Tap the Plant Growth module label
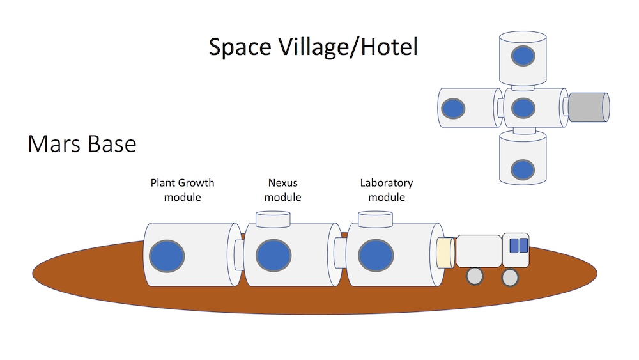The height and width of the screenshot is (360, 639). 182,190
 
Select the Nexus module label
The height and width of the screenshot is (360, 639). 282,190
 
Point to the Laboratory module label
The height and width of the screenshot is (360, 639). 387,190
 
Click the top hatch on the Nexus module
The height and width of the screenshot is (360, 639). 273,219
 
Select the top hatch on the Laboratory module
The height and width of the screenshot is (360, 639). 375,219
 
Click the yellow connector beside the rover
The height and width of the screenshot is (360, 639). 445,252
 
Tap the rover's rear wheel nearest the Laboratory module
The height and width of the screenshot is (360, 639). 474,276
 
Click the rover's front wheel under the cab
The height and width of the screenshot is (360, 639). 509,277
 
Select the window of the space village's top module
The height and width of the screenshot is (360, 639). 523,56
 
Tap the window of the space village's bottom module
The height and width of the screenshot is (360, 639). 523,170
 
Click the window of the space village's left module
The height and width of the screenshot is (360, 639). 454,108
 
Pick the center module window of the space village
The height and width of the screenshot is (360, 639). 523,108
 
